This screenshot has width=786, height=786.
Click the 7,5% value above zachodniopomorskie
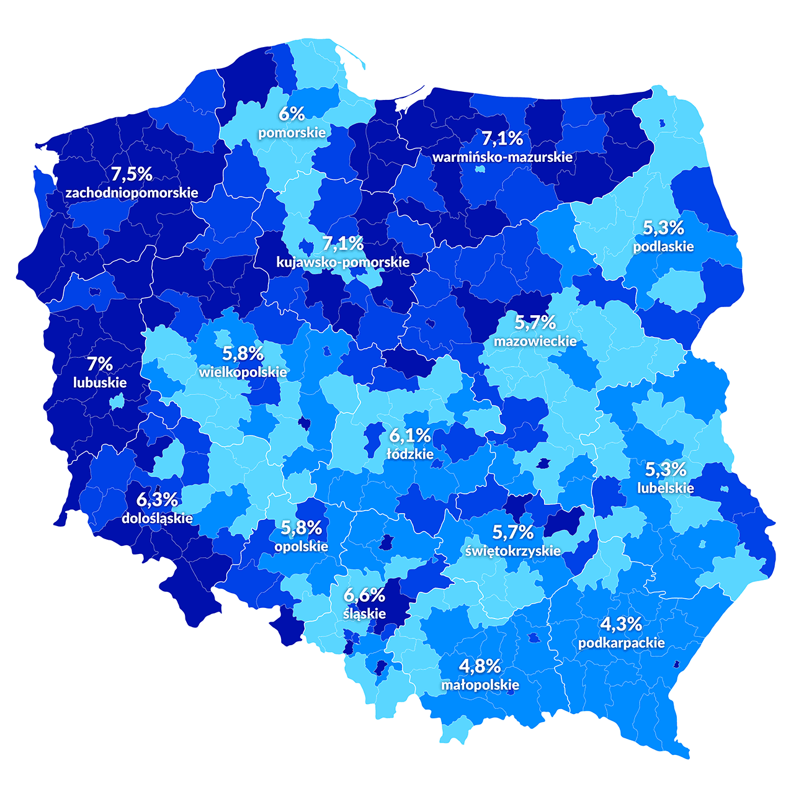tap(132, 174)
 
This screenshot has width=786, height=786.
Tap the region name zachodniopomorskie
tap(132, 192)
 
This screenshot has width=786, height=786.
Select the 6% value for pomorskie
tap(292, 114)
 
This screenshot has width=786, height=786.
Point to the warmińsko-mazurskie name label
tap(502, 157)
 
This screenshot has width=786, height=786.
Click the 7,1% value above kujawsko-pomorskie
tap(343, 243)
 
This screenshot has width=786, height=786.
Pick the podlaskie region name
tap(663, 246)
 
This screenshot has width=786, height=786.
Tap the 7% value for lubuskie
tap(100, 364)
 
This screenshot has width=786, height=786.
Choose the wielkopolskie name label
tap(243, 372)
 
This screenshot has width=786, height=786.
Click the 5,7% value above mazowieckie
tap(535, 323)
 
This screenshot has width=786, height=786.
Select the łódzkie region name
tap(410, 454)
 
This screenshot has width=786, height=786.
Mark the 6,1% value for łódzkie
tap(410, 435)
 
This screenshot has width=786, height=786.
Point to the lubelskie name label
tap(666, 488)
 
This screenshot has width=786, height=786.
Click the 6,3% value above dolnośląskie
tap(158, 499)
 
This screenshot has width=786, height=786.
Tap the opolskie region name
tap(301, 547)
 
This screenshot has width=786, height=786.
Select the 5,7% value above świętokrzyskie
tap(513, 532)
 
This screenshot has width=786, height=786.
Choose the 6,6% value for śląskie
tap(365, 596)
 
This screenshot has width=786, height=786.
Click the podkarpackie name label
tap(622, 643)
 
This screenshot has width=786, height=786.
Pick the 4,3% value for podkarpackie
tap(622, 624)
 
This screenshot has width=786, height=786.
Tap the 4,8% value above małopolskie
tap(480, 666)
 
